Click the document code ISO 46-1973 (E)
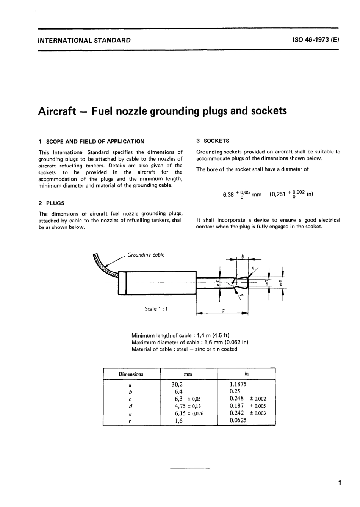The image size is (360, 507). coord(316,40)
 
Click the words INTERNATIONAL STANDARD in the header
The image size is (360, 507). coord(85,40)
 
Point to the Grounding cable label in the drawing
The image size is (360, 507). coord(146,255)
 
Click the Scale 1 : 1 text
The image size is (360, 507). coord(156,309)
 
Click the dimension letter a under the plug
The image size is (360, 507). coord(223,310)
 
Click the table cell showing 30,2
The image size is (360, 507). coord(177,384)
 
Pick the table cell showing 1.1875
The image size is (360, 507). coord(238,384)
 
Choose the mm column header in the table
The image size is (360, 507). coord(188,374)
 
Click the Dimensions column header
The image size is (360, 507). coord(131,374)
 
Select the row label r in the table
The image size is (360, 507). coord(130,421)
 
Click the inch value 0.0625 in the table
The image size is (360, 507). coord(238,420)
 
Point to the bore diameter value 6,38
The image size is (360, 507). coord(229,195)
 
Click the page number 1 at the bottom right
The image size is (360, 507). coord(340,483)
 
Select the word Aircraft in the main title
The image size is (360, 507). coord(57,111)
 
